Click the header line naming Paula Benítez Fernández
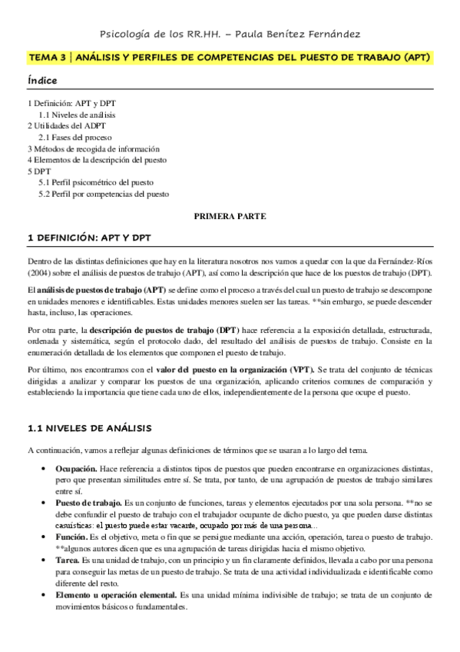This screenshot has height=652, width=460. pyautogui.click(x=230, y=34)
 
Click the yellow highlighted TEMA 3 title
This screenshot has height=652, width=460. pyautogui.click(x=230, y=58)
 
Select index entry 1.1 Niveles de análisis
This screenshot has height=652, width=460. pyautogui.click(x=77, y=114)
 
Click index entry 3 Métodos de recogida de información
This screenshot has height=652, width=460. pyautogui.click(x=93, y=148)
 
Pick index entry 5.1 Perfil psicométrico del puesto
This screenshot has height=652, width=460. pyautogui.click(x=96, y=183)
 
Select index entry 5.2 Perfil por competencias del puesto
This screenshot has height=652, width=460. pyautogui.click(x=104, y=195)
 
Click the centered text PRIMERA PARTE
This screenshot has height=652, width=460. pyautogui.click(x=230, y=217)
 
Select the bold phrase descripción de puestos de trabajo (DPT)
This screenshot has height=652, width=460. pyautogui.click(x=171, y=329)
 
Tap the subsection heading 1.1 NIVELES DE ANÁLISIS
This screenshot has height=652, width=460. pyautogui.click(x=89, y=428)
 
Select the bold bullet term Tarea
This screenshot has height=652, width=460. pyautogui.click(x=68, y=561)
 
